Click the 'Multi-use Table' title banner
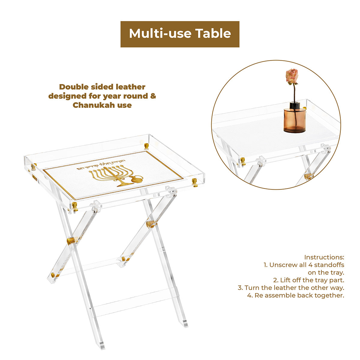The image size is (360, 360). click(x=180, y=34)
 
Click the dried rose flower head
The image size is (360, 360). click(x=292, y=76)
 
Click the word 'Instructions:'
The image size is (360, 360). click(x=324, y=257)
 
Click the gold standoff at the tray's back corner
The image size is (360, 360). click(x=146, y=146)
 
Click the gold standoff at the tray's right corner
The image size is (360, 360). click(x=194, y=182)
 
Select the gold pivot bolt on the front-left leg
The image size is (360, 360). click(x=71, y=241)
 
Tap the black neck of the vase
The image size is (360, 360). click(x=295, y=105)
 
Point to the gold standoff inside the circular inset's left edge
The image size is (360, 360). click(x=242, y=160)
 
